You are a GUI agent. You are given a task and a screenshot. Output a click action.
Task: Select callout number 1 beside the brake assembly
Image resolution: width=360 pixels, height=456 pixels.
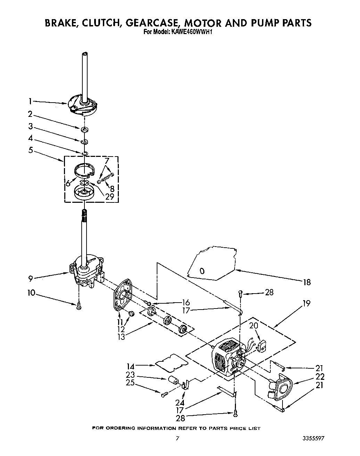(30, 101)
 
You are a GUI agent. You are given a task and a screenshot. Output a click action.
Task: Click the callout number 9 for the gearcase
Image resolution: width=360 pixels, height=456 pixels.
(31, 278)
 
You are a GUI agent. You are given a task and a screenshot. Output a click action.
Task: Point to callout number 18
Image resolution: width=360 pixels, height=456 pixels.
(307, 282)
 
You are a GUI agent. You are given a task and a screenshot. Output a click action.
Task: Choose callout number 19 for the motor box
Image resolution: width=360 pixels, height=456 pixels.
(306, 303)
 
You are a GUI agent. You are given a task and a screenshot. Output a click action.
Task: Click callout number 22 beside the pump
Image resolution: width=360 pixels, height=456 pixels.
(320, 376)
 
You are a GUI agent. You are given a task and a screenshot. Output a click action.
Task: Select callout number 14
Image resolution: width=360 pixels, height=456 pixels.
(131, 366)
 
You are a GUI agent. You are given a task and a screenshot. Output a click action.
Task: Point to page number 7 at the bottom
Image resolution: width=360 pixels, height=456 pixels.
(178, 439)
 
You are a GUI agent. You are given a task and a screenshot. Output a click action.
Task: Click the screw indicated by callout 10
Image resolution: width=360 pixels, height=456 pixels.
(79, 306)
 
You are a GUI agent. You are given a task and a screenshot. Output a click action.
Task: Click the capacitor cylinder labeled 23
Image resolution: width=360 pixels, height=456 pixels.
(173, 379)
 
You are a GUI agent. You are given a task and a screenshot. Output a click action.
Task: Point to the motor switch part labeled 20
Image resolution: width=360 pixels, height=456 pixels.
(262, 345)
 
